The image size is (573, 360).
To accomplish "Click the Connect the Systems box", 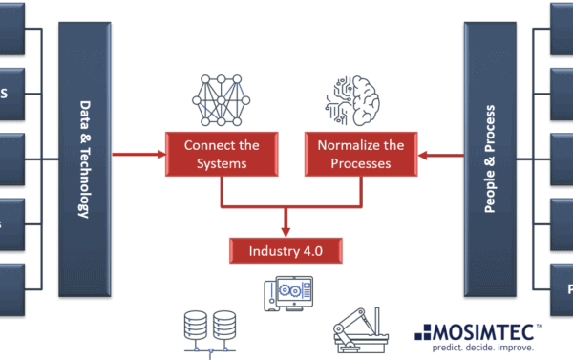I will tap(222, 154).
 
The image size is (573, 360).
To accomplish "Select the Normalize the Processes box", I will tap(362, 154).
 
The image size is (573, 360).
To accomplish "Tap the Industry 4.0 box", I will tap(286, 251).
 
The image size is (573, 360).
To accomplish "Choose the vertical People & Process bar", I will tap(490, 158).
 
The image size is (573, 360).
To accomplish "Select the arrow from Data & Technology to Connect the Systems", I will tap(138, 153).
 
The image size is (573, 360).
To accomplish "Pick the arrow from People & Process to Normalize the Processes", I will tap(442, 153).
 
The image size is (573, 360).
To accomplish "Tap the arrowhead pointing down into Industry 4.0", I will tap(286, 231).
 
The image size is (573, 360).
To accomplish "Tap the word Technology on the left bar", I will tap(84, 184).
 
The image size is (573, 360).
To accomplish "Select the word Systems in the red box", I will tap(222, 163).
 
